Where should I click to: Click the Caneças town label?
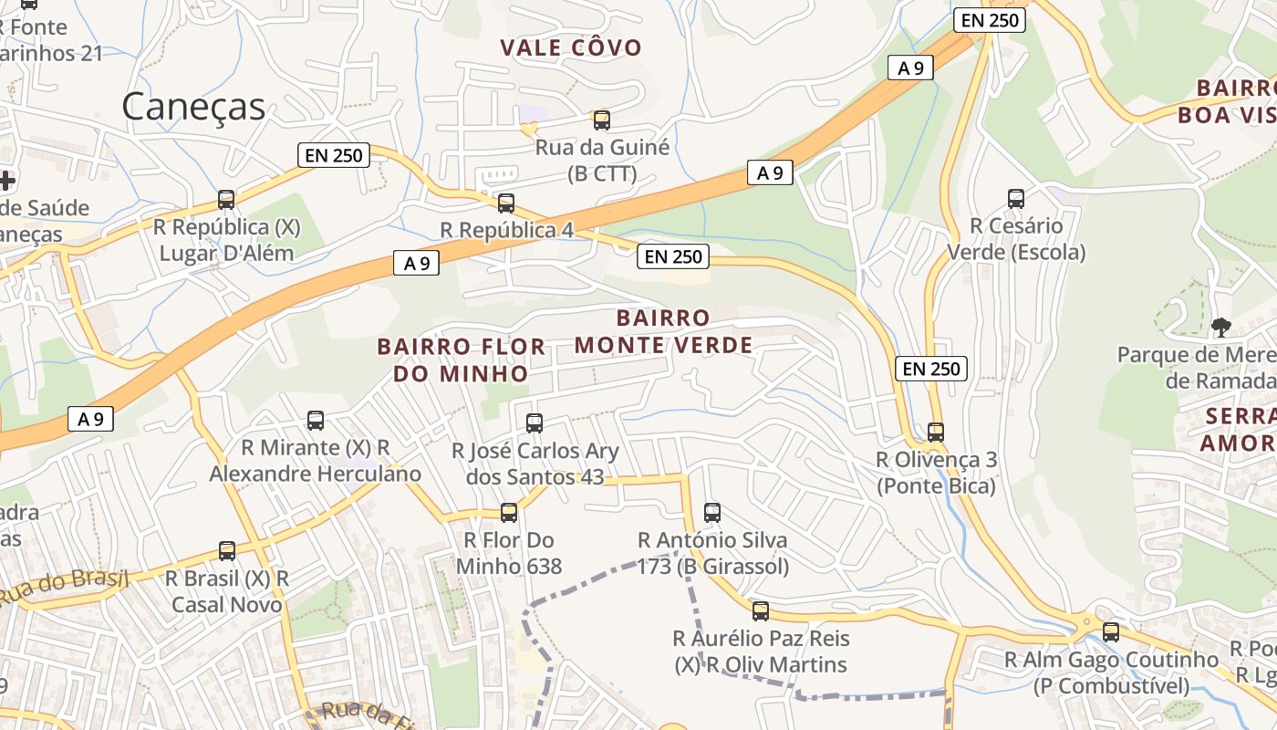[x=193, y=107]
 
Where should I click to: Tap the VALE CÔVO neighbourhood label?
[x=571, y=47]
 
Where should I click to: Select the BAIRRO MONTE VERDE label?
[x=663, y=331]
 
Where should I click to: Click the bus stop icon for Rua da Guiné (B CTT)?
[x=601, y=120]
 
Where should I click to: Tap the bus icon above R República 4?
[x=505, y=203]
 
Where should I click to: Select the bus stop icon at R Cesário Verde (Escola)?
[x=1015, y=198]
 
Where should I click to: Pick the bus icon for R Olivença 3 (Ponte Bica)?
[x=935, y=432]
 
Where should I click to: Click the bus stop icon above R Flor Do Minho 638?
[x=509, y=513]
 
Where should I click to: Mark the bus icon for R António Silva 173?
[x=712, y=513]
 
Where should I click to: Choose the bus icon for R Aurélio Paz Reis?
[x=760, y=610]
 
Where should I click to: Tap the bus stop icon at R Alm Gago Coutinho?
[x=1110, y=631]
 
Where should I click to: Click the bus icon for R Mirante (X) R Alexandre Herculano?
[x=316, y=420]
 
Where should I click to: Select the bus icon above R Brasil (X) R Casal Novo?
[x=227, y=550]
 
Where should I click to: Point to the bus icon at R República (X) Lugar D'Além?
[x=226, y=199]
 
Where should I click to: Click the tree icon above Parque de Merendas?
[x=1220, y=327]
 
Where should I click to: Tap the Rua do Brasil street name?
[x=62, y=588]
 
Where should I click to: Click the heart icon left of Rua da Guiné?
[x=527, y=130]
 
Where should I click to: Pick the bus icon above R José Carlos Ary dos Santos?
[x=535, y=423]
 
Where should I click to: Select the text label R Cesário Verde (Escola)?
[x=1016, y=238]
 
